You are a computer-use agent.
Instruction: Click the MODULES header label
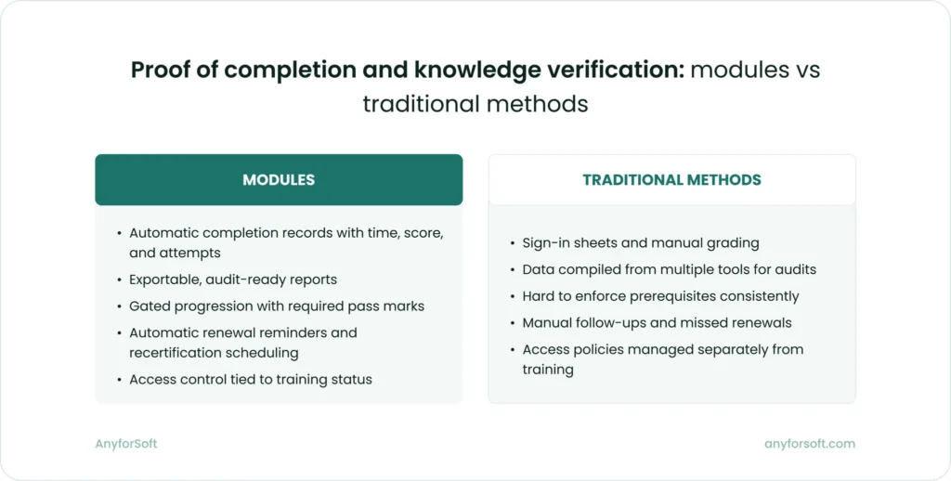pyautogui.click(x=279, y=180)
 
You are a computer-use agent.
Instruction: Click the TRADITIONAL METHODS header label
pyautogui.click(x=671, y=180)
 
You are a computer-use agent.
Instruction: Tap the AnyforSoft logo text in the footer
pyautogui.click(x=126, y=444)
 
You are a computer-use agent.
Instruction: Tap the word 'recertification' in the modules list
pyautogui.click(x=174, y=353)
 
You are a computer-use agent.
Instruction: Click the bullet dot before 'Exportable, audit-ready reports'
pyautogui.click(x=118, y=279)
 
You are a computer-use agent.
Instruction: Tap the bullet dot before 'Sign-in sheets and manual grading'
pyautogui.click(x=512, y=243)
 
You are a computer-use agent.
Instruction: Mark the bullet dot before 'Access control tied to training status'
pyautogui.click(x=118, y=380)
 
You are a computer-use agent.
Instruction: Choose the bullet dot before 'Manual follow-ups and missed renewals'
pyautogui.click(x=512, y=323)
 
